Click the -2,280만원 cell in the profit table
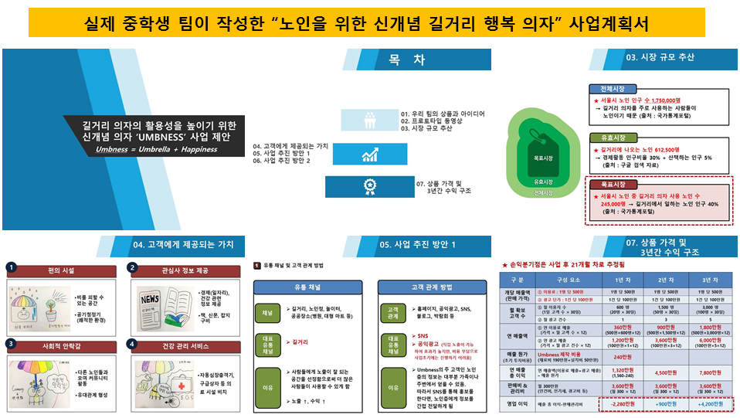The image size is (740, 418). tap(622, 403)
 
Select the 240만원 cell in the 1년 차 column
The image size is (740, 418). tap(622, 358)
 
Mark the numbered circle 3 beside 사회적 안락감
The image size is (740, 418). tap(12, 343)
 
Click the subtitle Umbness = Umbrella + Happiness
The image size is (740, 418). tap(156, 148)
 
